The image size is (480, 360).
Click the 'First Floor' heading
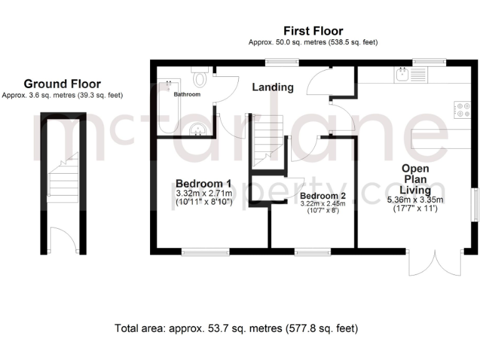point(313,31)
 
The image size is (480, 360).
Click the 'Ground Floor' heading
point(62,84)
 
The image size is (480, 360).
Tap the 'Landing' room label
point(272,87)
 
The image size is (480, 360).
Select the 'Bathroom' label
point(187,94)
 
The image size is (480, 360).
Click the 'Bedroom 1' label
point(204,183)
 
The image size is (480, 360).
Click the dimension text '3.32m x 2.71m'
point(204,194)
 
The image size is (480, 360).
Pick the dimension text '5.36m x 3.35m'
point(415,200)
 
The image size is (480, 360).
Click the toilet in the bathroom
point(201,78)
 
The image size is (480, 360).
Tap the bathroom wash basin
point(198,129)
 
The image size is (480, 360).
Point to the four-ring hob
point(464,109)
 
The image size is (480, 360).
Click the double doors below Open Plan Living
point(435,264)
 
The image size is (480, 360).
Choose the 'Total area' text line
point(236,327)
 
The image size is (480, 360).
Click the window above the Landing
point(279,61)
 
